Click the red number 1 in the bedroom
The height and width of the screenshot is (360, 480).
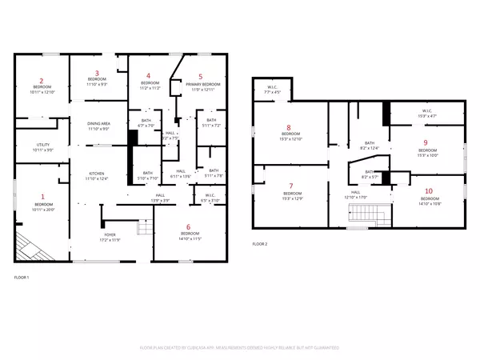(x=43, y=197)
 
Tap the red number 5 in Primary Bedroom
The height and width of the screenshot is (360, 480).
(x=201, y=77)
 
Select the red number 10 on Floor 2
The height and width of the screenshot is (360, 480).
(x=429, y=190)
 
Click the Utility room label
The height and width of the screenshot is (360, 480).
(x=42, y=145)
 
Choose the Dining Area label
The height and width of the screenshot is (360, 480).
(x=99, y=123)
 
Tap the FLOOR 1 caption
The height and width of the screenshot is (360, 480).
(x=22, y=277)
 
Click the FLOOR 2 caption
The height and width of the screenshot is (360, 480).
(x=260, y=243)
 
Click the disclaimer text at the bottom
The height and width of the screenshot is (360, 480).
(x=240, y=348)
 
